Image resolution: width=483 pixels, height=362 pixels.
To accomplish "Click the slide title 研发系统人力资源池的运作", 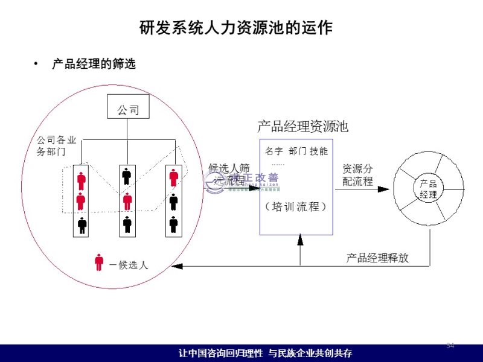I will coord(235,28).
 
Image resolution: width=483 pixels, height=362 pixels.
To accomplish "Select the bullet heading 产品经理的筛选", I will coord(94,64).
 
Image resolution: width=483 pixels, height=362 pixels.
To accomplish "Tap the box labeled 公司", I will coord(127,109).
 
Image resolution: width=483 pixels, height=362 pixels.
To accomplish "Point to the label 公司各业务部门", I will coord(57,146).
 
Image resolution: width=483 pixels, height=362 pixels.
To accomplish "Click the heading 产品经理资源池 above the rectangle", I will coord(302,126).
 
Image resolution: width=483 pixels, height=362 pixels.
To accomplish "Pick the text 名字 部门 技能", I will coord(296,151).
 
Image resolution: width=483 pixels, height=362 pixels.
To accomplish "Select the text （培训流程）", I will coord(296,206).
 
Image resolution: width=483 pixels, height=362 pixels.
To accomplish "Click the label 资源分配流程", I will coord(357,175).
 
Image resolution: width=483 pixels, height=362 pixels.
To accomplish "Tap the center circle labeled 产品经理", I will coord(428,189).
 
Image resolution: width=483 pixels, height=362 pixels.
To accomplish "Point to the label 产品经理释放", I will coord(377,258).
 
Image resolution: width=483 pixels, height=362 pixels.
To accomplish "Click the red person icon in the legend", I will coord(99,262).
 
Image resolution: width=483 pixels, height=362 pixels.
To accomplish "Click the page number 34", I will coord(450,345).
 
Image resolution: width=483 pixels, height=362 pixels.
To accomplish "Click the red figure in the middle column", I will coord(127,201).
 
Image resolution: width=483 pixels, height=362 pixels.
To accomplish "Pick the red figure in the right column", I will coord(173,178).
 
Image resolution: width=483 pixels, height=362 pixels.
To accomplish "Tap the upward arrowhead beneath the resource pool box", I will coord(300,239).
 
